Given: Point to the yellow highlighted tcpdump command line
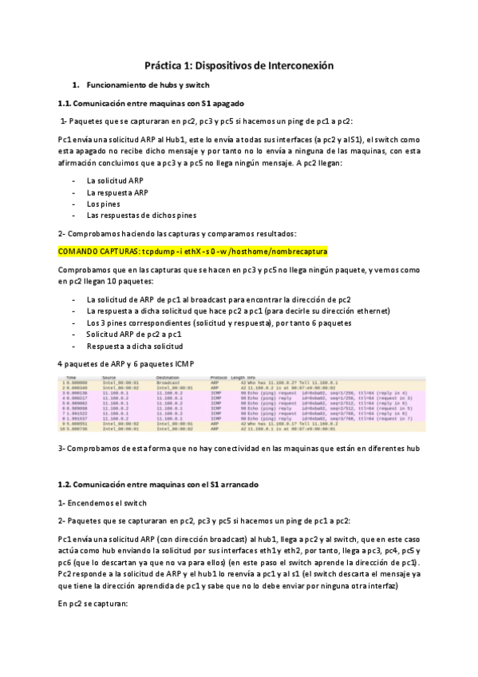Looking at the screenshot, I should pos(192,251).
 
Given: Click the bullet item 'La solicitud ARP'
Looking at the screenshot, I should pos(115,180).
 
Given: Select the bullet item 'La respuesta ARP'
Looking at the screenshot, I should pos(117,192).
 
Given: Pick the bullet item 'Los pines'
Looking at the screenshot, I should pos(103,204).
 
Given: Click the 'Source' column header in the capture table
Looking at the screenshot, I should pos(109,377).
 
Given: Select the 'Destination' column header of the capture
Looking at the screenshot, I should pos(168,377).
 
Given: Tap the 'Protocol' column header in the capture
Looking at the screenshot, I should pos(219,377).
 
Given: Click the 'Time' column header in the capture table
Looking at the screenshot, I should pos(71,377).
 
